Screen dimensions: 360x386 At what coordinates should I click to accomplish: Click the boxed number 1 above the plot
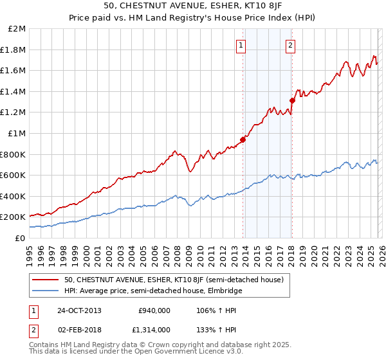241,45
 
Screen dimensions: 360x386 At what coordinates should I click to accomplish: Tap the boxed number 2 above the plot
291,45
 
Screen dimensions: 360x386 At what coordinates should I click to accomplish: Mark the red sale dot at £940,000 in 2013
243,139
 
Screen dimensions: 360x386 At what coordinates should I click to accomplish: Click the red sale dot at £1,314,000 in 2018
291,100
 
